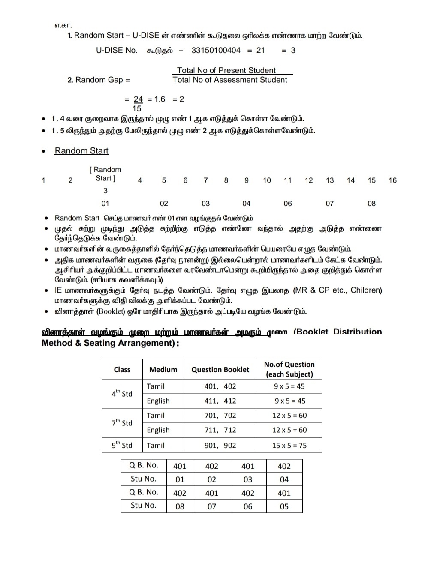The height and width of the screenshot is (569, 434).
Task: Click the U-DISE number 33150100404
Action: click(x=216, y=51)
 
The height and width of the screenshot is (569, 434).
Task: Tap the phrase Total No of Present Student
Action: click(x=226, y=70)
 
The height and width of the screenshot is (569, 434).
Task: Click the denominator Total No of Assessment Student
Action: click(x=230, y=80)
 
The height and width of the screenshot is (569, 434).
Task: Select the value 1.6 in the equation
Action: click(x=160, y=99)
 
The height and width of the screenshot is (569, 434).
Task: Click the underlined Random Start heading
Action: click(x=81, y=151)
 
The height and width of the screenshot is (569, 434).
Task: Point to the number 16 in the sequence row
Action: click(x=392, y=180)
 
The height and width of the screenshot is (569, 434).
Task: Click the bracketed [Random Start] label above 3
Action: click(x=105, y=174)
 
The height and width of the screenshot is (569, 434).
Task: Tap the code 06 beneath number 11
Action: click(x=287, y=204)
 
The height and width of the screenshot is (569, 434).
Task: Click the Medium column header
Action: click(x=163, y=370)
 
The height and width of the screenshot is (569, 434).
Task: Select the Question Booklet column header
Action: click(x=220, y=370)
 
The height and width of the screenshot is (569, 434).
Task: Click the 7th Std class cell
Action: click(x=122, y=423)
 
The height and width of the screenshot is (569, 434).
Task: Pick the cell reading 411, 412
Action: click(x=220, y=401)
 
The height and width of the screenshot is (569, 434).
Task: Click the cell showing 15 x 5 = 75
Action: click(x=289, y=446)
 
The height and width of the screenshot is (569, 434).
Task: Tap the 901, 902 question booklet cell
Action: click(x=220, y=446)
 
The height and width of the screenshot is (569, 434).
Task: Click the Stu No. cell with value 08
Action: click(x=180, y=506)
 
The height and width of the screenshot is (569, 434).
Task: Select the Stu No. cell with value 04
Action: click(x=284, y=479)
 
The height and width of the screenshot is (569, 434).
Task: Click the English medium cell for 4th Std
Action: click(x=158, y=401)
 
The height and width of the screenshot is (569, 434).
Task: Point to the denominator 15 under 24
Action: click(x=137, y=109)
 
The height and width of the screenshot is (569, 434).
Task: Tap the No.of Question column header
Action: click(x=289, y=369)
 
